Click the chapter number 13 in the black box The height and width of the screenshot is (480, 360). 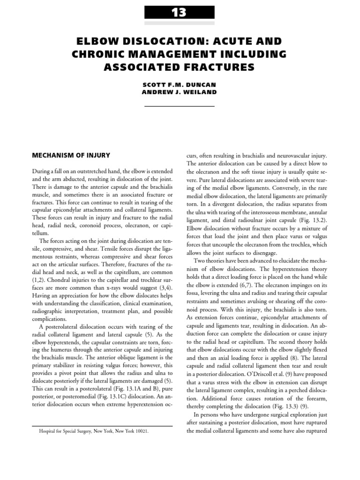tap(179, 12)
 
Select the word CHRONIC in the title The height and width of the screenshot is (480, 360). tap(100, 54)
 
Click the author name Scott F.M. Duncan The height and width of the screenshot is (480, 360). tap(179, 86)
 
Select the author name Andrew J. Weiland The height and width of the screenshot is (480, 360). tap(179, 92)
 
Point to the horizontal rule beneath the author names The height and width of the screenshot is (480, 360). tap(179, 106)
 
